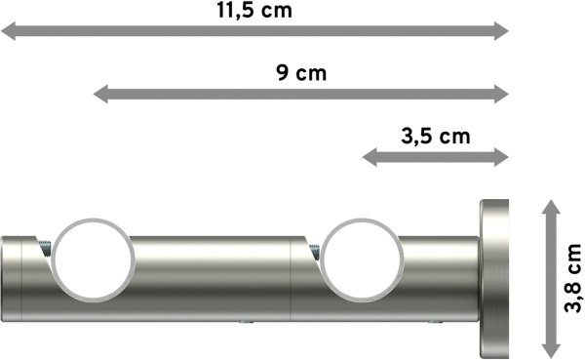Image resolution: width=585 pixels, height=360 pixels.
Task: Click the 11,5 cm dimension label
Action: point(255,12)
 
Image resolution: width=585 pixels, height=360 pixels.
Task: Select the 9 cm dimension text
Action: point(301,73)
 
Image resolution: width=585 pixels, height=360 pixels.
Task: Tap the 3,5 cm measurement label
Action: point(435,136)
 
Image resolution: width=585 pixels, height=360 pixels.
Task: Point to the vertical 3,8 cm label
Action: point(574,280)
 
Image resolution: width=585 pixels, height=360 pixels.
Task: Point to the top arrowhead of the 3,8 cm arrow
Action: point(550,208)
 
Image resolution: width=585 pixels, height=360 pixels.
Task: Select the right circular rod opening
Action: point(357,260)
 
